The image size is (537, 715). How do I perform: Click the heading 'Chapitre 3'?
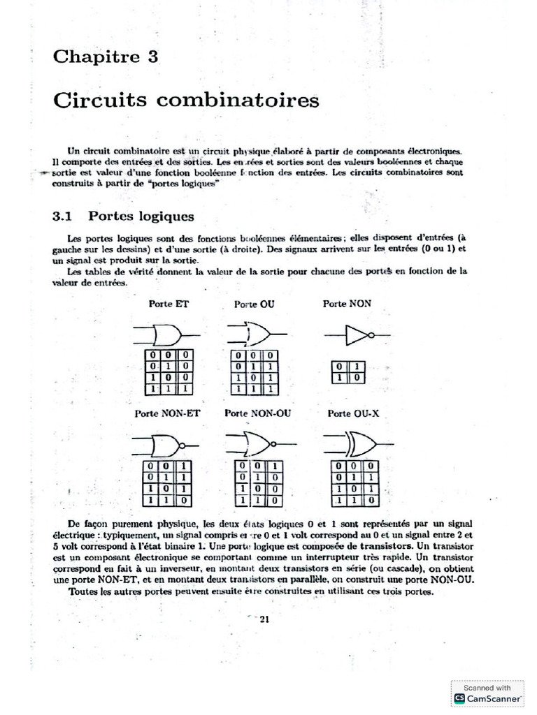[106, 57]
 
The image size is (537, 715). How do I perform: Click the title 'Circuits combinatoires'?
[186, 101]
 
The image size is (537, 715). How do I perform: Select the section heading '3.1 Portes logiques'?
[123, 216]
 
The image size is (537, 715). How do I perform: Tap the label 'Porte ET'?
[169, 304]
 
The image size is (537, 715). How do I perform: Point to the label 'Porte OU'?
[255, 304]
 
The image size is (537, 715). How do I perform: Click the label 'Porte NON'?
[347, 304]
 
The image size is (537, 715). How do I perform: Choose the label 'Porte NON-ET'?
[168, 413]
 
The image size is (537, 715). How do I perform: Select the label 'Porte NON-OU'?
[258, 413]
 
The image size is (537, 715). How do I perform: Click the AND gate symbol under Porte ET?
[166, 336]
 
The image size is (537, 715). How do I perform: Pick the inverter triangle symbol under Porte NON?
[358, 337]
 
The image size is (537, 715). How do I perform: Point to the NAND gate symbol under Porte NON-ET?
[166, 445]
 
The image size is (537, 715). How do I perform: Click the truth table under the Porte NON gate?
[347, 372]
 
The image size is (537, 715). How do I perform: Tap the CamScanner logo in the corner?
[459, 698]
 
